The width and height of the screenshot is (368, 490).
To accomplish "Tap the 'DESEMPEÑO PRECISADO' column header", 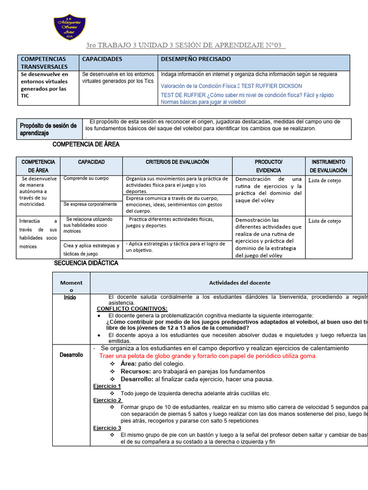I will point(195,59).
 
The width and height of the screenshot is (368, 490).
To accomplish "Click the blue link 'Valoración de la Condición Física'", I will point(198,86).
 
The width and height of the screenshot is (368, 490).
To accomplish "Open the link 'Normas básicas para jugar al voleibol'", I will point(203,102).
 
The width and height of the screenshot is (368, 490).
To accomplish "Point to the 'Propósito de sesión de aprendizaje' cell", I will point(48,129).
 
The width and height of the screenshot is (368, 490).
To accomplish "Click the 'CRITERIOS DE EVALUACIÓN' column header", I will point(177,162).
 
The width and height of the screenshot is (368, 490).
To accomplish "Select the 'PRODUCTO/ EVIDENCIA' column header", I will point(268,166).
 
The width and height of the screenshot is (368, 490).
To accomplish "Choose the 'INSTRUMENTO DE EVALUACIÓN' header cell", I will point(328,166).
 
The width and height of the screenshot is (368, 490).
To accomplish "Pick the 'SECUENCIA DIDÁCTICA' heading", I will point(86,263).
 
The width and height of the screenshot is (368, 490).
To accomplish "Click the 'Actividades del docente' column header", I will point(240,283).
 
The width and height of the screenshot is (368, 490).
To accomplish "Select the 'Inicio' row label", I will point(70,298).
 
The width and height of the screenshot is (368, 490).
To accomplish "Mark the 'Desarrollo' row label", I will point(71,355).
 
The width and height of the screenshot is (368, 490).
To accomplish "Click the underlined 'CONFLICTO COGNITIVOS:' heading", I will point(132,309).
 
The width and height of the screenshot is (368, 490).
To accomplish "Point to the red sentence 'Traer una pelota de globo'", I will point(207,356).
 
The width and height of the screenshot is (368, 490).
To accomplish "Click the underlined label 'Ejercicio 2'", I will point(107,400).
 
